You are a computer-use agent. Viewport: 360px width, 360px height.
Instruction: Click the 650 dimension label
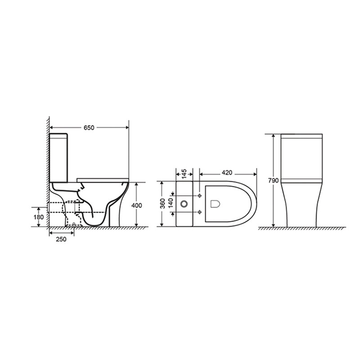coord(89,128)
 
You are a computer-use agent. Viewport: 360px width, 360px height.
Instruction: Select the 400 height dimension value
coord(137,206)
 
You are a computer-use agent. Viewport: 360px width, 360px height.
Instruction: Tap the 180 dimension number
coord(39,217)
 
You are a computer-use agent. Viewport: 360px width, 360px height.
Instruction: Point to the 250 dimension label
coord(61,239)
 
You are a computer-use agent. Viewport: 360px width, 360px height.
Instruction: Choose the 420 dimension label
coord(227,172)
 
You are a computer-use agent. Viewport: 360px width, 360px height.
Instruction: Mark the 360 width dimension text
coord(162,203)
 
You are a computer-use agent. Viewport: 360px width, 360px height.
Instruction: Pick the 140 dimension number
coord(171,203)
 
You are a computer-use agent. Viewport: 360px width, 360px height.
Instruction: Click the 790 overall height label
coord(274,180)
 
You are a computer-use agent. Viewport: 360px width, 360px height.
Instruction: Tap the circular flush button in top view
coord(184,204)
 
